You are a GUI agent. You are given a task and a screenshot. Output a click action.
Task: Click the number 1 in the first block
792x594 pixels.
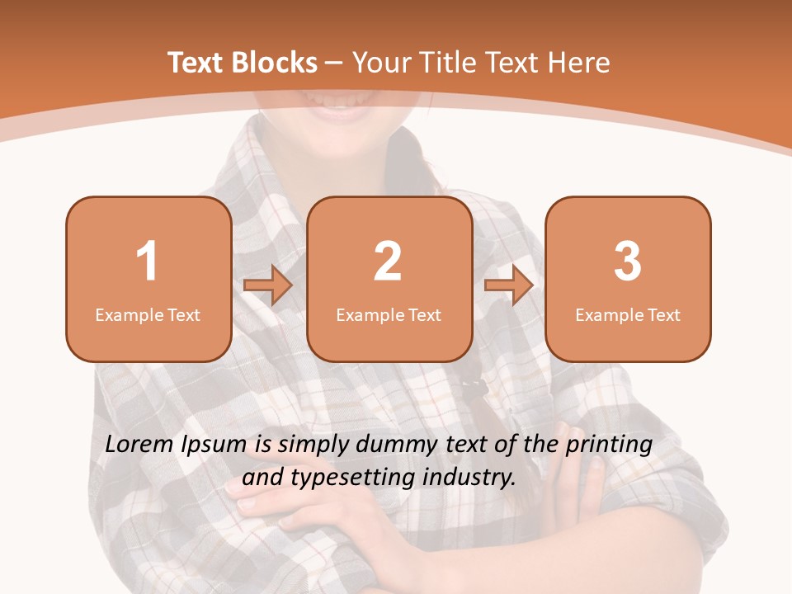[x=147, y=262]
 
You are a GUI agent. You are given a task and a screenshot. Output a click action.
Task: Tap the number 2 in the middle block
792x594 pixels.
[x=388, y=262]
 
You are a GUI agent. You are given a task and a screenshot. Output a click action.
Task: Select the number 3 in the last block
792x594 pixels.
[x=628, y=262]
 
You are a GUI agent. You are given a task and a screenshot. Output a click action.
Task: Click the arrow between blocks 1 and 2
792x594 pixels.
[x=268, y=285]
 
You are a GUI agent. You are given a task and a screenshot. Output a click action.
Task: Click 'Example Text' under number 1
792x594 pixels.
[x=148, y=314]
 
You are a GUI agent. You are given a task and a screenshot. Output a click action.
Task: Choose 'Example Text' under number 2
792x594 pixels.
[x=389, y=314]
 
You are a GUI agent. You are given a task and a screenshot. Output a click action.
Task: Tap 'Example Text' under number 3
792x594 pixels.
[x=628, y=314]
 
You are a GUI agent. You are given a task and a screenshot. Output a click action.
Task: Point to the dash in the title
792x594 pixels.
[x=334, y=64]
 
